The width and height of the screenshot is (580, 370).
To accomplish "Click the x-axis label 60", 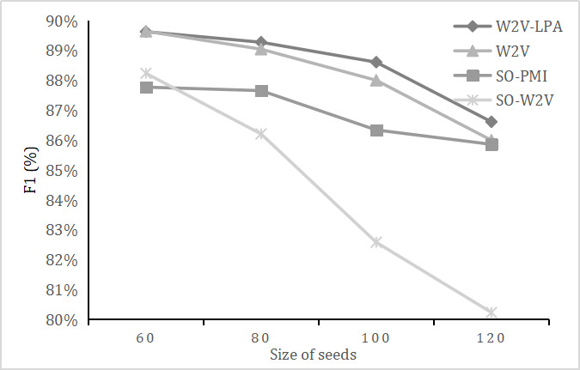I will click(145, 337).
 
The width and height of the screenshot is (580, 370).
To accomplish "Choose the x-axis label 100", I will click(375, 337).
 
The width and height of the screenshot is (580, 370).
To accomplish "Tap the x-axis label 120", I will click(491, 337).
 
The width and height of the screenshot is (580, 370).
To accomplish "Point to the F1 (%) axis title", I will click(33, 170).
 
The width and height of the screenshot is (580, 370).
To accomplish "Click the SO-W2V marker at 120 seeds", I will click(491, 312).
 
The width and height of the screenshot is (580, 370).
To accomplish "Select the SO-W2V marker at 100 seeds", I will click(375, 242).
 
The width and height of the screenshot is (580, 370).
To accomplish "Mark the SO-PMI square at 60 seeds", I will click(146, 87).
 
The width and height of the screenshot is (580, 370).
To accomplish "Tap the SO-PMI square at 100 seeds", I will click(375, 130).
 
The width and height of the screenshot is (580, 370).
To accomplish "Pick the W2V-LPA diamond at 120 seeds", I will click(491, 122).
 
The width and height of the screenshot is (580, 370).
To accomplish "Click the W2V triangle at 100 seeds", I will click(375, 80).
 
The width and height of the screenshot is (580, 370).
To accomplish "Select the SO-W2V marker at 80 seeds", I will click(261, 133).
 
